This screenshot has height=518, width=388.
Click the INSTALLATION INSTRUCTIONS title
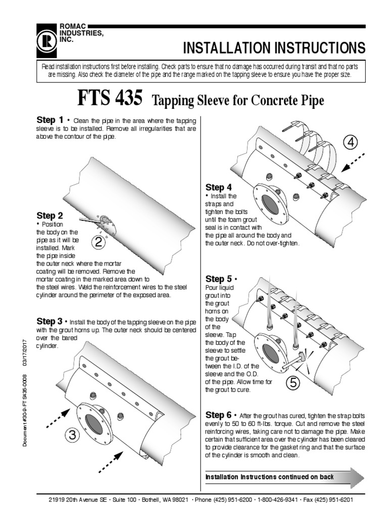(x=274, y=48)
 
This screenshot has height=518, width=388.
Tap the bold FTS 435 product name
(x=110, y=98)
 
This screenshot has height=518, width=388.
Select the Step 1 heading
(x=50, y=120)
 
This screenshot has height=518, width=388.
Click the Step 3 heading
(x=50, y=321)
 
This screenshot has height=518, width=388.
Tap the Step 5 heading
(x=219, y=279)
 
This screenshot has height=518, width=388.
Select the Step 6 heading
(x=219, y=414)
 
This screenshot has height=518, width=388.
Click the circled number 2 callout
(x=100, y=243)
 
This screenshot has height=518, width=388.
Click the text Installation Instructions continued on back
(x=269, y=477)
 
